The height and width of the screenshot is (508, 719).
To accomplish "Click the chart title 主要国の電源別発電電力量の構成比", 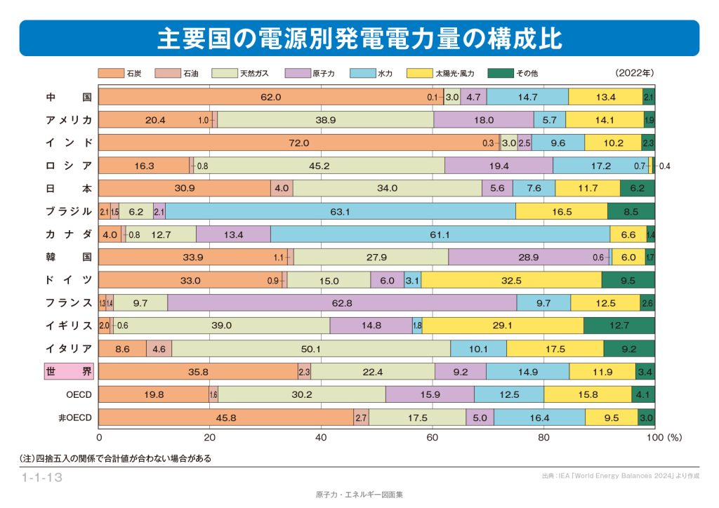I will pyautogui.click(x=359, y=38).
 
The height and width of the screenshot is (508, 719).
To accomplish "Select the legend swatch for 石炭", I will pyautogui.click(x=110, y=73).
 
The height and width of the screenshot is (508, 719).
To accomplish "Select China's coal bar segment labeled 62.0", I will pyautogui.click(x=270, y=97).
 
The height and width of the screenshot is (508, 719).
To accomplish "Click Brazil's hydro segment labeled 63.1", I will pyautogui.click(x=340, y=211).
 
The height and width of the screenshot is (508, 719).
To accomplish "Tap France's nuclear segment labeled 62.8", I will pyautogui.click(x=342, y=302).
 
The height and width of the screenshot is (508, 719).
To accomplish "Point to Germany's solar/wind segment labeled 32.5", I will pyautogui.click(x=511, y=280).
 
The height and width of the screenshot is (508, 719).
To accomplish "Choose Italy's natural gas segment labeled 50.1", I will pyautogui.click(x=310, y=349).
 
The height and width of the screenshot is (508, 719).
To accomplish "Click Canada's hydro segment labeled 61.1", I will pyautogui.click(x=440, y=234).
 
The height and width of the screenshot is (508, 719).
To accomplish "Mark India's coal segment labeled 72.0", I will pyautogui.click(x=298, y=143).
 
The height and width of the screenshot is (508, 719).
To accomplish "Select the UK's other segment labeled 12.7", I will pyautogui.click(x=619, y=326).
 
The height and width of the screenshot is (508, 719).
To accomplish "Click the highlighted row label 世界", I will pyautogui.click(x=69, y=371).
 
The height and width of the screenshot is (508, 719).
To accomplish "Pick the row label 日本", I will pyautogui.click(x=69, y=188).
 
